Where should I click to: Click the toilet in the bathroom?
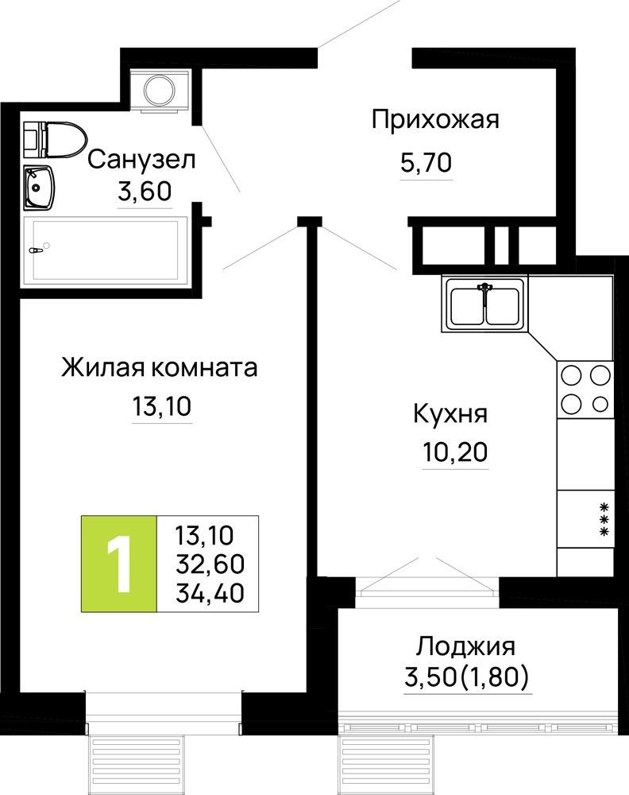(56, 139)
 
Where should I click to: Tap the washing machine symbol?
(160, 89)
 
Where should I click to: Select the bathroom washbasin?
(39, 187)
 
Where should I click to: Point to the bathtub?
(105, 250)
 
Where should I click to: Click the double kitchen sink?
(484, 304)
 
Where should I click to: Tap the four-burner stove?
(585, 390)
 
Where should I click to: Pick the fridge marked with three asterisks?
(585, 518)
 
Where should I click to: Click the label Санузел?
(141, 160)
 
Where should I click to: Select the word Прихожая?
(435, 120)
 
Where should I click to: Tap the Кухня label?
(450, 413)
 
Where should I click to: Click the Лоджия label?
(466, 646)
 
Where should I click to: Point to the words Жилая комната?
(160, 367)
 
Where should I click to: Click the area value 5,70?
(426, 163)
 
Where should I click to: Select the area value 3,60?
(145, 192)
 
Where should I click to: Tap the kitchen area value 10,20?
(455, 452)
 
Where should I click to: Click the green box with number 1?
(119, 564)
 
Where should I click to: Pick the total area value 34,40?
(210, 593)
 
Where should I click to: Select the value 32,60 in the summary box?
(210, 564)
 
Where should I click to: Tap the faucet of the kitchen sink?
(484, 292)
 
